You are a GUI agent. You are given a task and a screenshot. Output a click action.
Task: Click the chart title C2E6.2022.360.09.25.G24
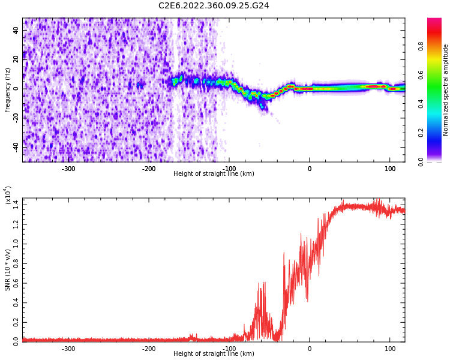click(214, 5)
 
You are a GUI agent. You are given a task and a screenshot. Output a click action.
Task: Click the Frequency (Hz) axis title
click(8, 89)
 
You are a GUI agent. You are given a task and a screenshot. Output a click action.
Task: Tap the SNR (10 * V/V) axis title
click(8, 270)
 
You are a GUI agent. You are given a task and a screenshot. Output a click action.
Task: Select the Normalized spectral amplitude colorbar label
click(446, 89)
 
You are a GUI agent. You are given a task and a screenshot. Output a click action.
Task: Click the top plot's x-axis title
click(214, 173)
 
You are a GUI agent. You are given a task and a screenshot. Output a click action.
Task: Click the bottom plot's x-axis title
click(214, 353)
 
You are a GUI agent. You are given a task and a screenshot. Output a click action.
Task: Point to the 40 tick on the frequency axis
click(16, 30)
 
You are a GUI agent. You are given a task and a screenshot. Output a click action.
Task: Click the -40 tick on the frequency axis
click(15, 147)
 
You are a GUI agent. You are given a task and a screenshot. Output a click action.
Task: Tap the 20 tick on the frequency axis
click(16, 59)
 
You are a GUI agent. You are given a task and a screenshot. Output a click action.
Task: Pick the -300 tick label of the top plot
click(68, 168)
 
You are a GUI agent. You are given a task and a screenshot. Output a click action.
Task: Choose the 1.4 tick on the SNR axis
click(15, 205)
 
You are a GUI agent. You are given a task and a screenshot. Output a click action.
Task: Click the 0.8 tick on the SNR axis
click(15, 263)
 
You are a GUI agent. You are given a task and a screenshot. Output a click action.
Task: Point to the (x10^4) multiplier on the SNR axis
click(8, 196)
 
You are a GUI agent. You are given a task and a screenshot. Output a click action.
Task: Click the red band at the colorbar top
click(434, 23)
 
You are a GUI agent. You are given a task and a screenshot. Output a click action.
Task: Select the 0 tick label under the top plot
click(310, 168)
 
